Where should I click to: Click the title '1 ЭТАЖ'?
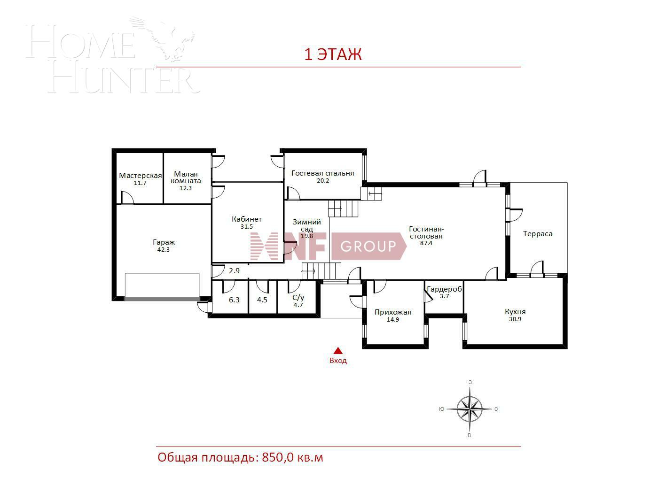pyautogui.click(x=333, y=54)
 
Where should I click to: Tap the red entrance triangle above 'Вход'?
pyautogui.click(x=338, y=350)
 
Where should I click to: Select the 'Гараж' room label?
pyautogui.click(x=164, y=242)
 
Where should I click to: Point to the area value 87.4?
pyautogui.click(x=426, y=243)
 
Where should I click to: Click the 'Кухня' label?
pyautogui.click(x=515, y=312)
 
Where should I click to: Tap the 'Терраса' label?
pyautogui.click(x=538, y=234)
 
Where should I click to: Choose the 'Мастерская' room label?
pyautogui.click(x=140, y=176)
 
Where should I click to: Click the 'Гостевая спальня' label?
pyautogui.click(x=322, y=173)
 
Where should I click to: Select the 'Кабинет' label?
pyautogui.click(x=247, y=219)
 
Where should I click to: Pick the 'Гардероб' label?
pyautogui.click(x=444, y=289)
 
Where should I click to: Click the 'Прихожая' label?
pyautogui.click(x=393, y=312)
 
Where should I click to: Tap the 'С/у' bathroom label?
pyautogui.click(x=298, y=298)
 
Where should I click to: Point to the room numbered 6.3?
pyautogui.click(x=234, y=300)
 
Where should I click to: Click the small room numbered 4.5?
pyautogui.click(x=262, y=300)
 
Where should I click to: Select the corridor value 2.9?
pyautogui.click(x=234, y=270)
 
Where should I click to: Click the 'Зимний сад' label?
pyautogui.click(x=307, y=225)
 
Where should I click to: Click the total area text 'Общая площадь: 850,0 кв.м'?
pyautogui.click(x=240, y=457)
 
